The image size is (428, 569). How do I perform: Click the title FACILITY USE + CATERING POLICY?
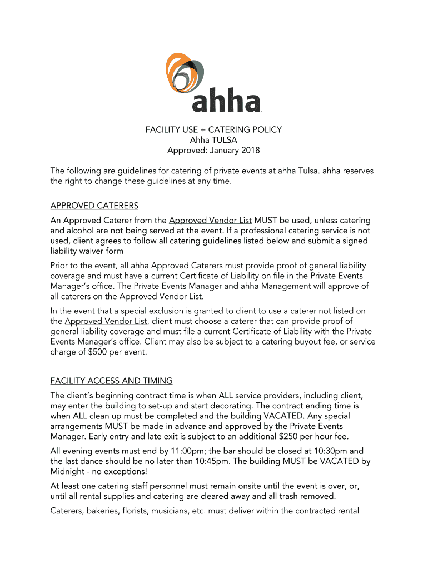[213, 129]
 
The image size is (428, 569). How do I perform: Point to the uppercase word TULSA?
[225, 140]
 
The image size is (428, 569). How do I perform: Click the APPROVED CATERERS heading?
[94, 206]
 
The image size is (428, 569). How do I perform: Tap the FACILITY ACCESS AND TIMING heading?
[111, 381]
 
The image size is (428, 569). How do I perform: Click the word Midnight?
[68, 472]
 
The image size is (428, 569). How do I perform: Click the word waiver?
[96, 252]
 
